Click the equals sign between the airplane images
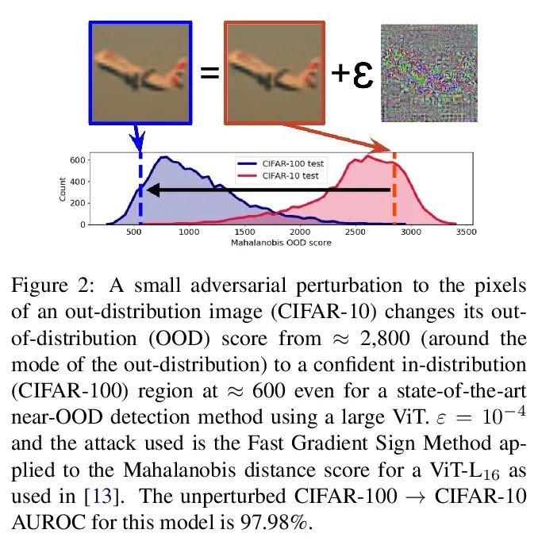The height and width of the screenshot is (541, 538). (208, 74)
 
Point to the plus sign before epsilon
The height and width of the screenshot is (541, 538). (340, 73)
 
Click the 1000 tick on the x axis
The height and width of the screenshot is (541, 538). (187, 232)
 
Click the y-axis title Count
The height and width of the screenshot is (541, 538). (63, 190)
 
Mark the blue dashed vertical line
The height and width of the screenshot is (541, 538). (140, 190)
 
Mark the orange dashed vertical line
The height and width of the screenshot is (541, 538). (394, 190)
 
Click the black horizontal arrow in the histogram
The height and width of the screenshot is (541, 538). (270, 190)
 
